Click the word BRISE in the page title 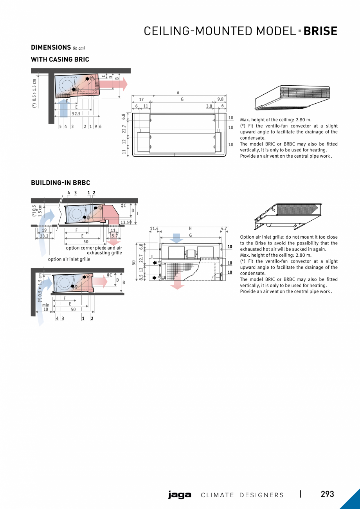click(x=320, y=31)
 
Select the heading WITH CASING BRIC click(x=60, y=59)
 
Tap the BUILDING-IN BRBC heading click(x=60, y=183)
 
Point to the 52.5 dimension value click(x=76, y=114)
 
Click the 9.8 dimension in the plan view click(x=220, y=99)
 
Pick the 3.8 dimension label click(x=209, y=106)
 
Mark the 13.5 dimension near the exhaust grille click(x=125, y=222)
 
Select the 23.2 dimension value click(x=44, y=236)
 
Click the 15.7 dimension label click(x=113, y=236)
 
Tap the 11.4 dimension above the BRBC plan click(x=154, y=228)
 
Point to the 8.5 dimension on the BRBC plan click(x=141, y=277)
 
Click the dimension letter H click(x=190, y=228)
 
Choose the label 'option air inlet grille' click(x=69, y=259)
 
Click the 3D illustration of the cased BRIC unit click(x=292, y=97)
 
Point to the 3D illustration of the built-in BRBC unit click(x=287, y=216)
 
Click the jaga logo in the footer click(x=180, y=495)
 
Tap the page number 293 click(x=327, y=494)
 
